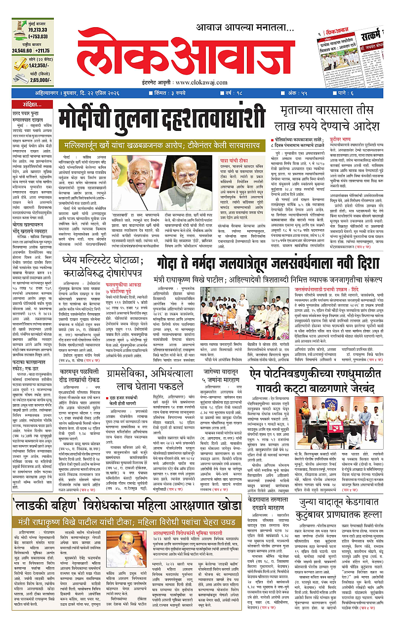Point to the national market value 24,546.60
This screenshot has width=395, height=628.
pyautogui.click(x=24, y=50)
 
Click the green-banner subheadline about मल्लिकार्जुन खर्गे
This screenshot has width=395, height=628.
pyautogui.click(x=159, y=146)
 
